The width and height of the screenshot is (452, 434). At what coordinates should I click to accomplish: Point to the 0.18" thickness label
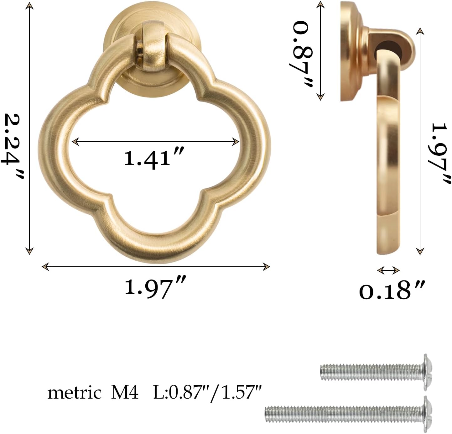pyautogui.click(x=392, y=290)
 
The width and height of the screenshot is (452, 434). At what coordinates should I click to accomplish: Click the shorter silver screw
pyautogui.click(x=373, y=372)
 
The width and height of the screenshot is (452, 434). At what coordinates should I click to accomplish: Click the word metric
pyautogui.click(x=74, y=393)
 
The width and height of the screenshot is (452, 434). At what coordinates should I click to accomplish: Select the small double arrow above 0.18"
pyautogui.click(x=388, y=270)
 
